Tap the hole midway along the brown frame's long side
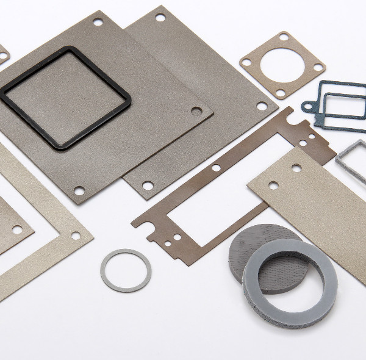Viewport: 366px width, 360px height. pos(216,167)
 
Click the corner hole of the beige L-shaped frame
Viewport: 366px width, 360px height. pos(76,236)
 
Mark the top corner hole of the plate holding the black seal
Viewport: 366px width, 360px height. pos(98,22)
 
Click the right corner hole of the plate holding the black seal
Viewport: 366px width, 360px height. pos(196,111)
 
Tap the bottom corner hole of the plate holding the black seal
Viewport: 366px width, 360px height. pos(79,191)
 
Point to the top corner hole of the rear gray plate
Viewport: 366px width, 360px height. pos(160,18)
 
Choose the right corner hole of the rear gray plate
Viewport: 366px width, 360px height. pos(262,106)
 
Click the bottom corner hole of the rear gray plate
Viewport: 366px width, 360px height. pos(148,184)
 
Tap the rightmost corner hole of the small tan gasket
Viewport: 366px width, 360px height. pos(317,67)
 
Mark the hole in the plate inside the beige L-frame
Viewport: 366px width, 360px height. pos(17,229)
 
